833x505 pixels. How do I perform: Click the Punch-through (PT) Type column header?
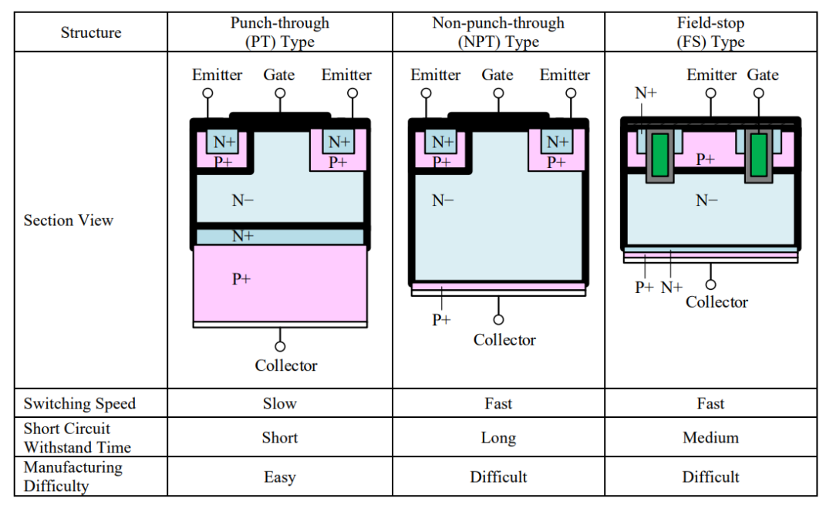pos(279,32)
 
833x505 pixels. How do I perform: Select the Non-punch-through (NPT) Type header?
pos(497,32)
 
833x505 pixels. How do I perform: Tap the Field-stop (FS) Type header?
pos(710,32)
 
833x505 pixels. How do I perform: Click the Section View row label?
pos(69,221)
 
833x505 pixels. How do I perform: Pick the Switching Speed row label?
pos(79,404)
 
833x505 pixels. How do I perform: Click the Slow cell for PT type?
pos(279,404)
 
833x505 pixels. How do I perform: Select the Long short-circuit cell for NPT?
pos(497,438)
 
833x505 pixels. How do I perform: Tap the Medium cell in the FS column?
pos(710,438)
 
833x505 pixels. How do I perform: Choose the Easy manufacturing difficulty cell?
pos(279,477)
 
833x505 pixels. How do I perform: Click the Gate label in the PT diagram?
pos(279,75)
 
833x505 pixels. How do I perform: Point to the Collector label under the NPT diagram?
pos(504,340)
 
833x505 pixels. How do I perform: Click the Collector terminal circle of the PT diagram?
pos(280,347)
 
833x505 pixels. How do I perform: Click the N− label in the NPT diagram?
pos(443,200)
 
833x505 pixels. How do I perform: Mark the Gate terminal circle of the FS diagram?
pos(760,93)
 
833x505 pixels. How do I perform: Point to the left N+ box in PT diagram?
pos(224,142)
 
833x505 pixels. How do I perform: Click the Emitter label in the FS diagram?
pos(711,75)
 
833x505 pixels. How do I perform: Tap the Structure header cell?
pos(91,32)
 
